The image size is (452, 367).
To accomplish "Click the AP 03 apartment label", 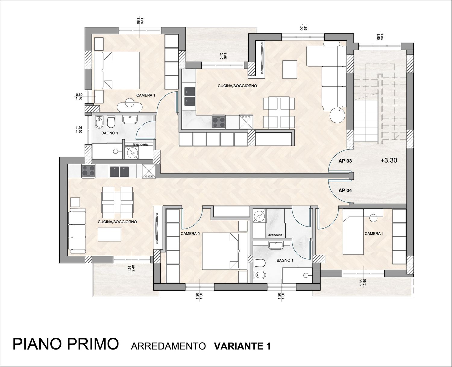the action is click(345, 161).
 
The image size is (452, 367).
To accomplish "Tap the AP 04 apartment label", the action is click(345, 191).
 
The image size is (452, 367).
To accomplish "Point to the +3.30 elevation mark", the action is click(389, 160).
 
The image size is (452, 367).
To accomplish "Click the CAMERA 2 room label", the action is click(190, 234).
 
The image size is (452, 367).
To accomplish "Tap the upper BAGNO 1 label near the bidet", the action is click(110, 133).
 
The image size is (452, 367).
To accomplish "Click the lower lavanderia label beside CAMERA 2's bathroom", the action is click(275, 235).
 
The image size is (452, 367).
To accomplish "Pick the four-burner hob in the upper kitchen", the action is click(218, 122).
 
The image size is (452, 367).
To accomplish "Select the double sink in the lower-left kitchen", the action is click(119, 172).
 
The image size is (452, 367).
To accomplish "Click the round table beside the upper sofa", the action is click(337, 115).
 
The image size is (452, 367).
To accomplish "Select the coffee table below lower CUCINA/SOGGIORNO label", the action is click(109, 234).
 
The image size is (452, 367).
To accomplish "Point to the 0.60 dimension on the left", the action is click(79, 95).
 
